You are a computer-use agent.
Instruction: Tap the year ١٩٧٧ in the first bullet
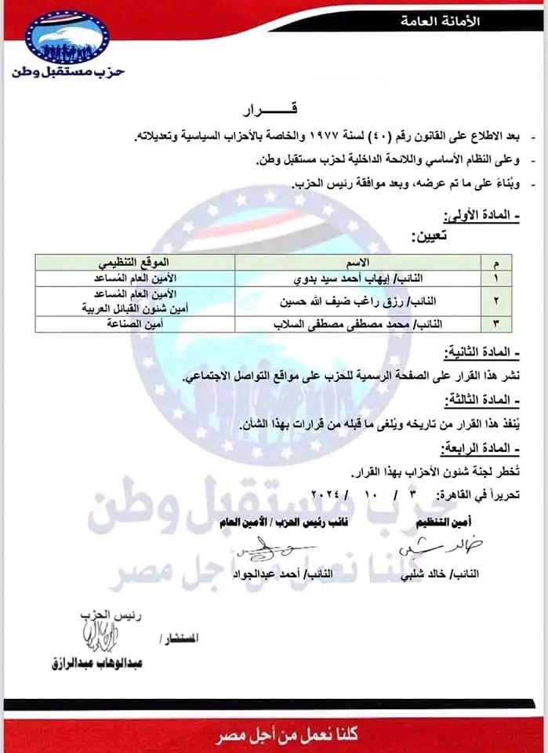click(311, 137)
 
